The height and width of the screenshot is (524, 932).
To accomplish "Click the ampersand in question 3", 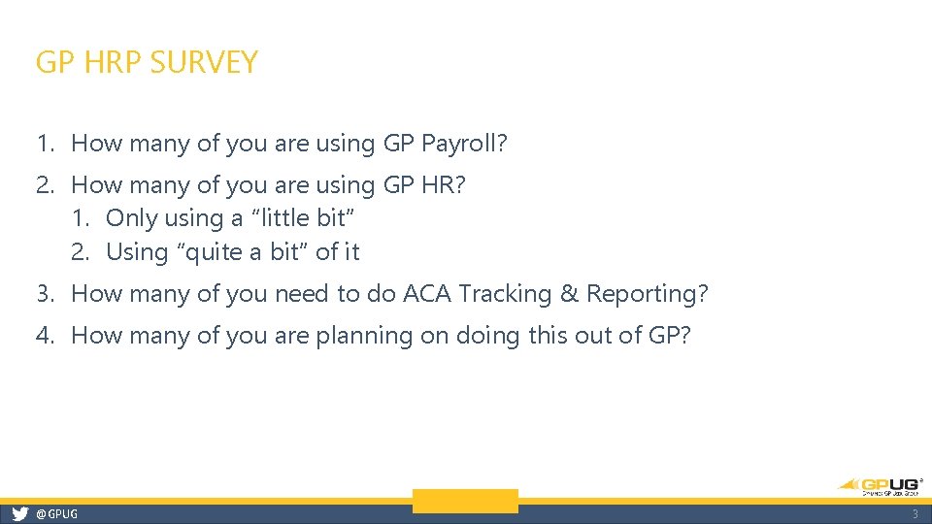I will pos(572,293).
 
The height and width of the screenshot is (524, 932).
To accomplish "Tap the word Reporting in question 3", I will pos(647,294).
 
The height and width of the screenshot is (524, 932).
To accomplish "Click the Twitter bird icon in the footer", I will pos(19,514).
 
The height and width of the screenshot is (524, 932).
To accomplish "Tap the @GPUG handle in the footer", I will pos(56,514).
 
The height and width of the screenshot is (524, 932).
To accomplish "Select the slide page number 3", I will pos(914,514).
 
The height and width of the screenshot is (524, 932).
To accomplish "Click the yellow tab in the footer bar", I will pos(465,502).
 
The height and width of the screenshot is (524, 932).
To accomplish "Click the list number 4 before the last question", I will pos(45,336).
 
